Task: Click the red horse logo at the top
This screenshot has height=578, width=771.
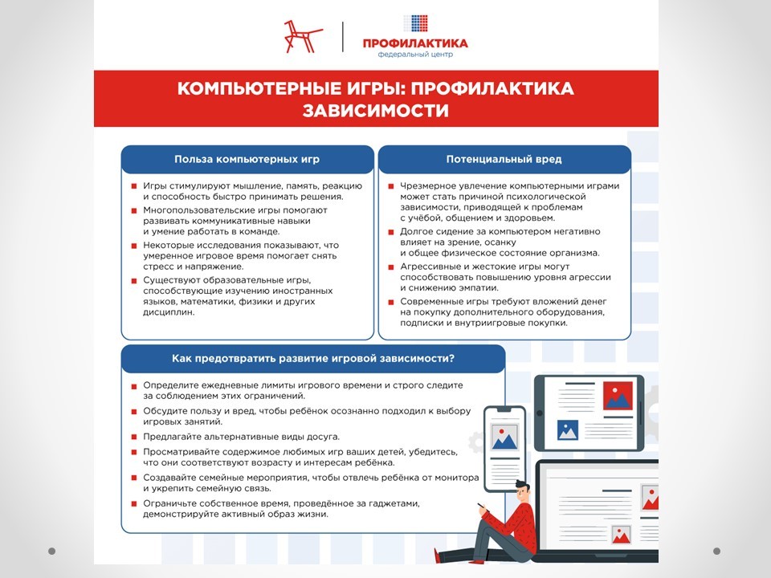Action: tap(303, 35)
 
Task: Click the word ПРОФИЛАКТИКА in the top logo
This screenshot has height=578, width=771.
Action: tap(414, 43)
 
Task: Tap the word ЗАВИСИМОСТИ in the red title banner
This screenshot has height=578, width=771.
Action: tap(376, 110)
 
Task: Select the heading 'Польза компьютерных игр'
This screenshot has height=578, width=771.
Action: tap(247, 159)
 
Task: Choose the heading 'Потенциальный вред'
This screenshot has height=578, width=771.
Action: tap(504, 159)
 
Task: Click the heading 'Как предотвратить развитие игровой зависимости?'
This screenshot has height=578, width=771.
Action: tap(313, 358)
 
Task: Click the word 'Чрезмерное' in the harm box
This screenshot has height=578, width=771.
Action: tap(427, 186)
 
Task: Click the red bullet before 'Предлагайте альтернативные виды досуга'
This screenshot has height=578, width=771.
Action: tap(134, 437)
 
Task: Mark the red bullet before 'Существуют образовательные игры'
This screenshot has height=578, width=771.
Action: tap(134, 280)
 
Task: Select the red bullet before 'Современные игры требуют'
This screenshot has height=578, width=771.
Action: tap(391, 301)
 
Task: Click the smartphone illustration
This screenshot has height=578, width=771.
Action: tap(504, 438)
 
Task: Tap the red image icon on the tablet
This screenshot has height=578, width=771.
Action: tap(618, 394)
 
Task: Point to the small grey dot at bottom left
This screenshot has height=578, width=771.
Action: tap(52, 552)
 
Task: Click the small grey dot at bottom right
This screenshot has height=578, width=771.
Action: tap(716, 552)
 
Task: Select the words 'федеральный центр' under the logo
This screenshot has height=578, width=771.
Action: tap(414, 55)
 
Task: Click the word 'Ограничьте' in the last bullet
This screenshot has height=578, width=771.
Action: tap(170, 503)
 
